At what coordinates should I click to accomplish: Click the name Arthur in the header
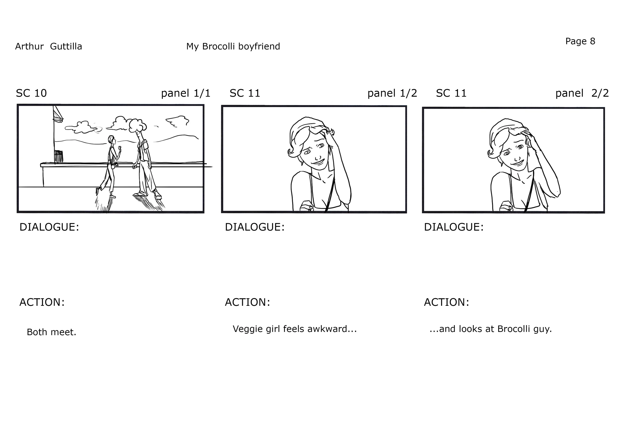[x=29, y=46]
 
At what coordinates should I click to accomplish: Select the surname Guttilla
[x=66, y=46]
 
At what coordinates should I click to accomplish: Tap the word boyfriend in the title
[x=259, y=46]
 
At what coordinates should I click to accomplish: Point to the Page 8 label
[x=580, y=41]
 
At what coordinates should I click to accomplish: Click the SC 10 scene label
[x=31, y=93]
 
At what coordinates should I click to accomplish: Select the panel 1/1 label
[x=186, y=93]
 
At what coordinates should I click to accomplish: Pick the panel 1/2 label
[x=392, y=93]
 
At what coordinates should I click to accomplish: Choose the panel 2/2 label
[x=582, y=93]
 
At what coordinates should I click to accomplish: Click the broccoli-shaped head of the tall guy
[x=137, y=125]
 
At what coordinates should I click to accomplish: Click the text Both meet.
[x=51, y=332]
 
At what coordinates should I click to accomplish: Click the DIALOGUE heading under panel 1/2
[x=255, y=227]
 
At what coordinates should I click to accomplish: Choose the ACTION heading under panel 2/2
[x=447, y=302]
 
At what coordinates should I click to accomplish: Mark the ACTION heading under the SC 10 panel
[x=42, y=302]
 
